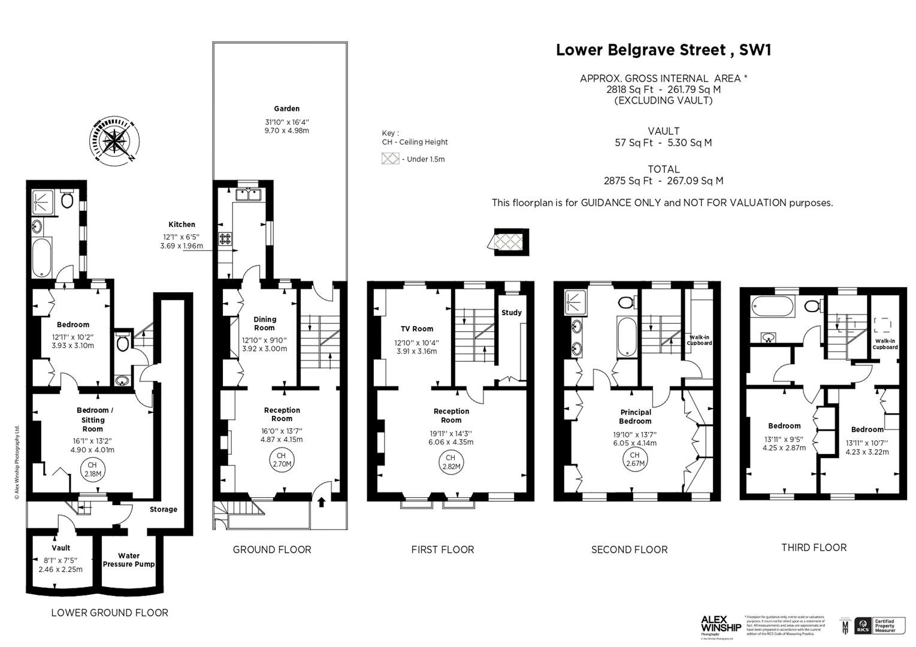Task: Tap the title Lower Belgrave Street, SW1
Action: [663, 50]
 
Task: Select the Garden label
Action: [286, 108]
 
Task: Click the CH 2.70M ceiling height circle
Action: [282, 460]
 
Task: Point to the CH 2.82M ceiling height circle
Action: [450, 462]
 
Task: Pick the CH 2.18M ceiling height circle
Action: [92, 469]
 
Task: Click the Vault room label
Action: [61, 548]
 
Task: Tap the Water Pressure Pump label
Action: [129, 560]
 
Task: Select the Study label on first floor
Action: [511, 312]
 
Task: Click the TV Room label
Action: [417, 328]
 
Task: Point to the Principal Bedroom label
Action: [636, 416]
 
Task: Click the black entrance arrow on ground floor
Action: [321, 501]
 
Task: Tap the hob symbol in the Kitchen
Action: [226, 238]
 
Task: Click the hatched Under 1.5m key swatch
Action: [391, 159]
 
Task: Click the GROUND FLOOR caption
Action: [271, 549]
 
